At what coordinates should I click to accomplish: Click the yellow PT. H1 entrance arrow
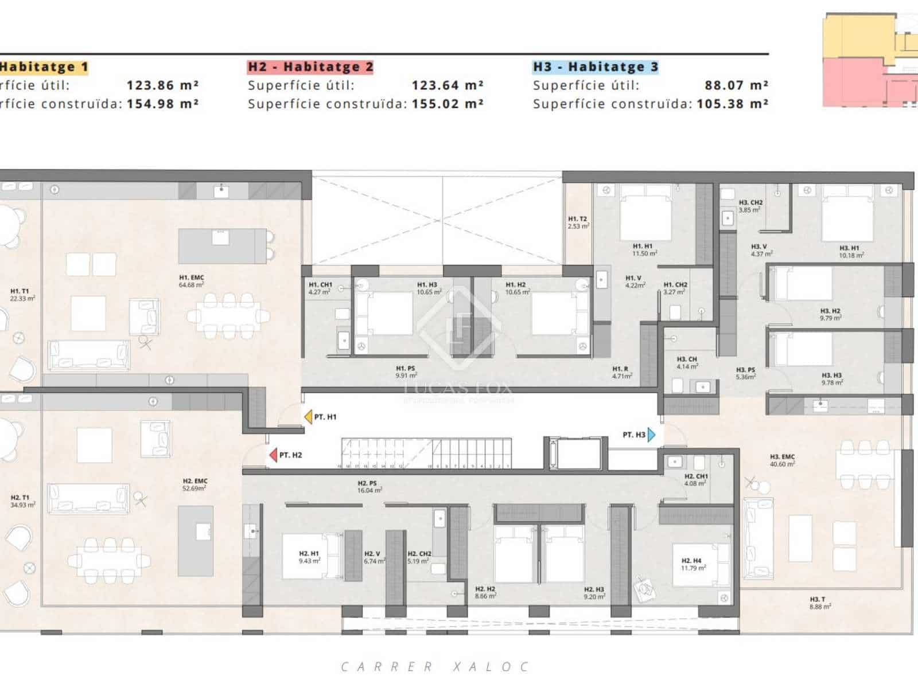[308, 417]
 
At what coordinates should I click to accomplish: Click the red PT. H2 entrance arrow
[273, 455]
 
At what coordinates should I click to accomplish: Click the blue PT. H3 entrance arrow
[651, 435]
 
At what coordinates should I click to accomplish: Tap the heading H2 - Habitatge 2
[310, 67]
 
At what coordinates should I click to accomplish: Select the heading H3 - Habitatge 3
[596, 67]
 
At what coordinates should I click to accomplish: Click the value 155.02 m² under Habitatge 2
[447, 104]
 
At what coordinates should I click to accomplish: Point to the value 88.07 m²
[736, 85]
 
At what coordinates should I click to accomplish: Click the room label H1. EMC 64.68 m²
[192, 281]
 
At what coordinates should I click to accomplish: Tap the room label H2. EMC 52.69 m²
[195, 484]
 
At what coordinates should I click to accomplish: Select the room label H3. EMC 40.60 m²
[782, 460]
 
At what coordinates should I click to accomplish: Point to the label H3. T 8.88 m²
[819, 603]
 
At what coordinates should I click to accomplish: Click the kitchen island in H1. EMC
[222, 246]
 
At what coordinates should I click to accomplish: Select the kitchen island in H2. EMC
[196, 541]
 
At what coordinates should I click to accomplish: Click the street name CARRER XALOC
[434, 667]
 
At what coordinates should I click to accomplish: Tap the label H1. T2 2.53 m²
[578, 222]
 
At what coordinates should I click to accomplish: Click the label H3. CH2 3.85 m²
[750, 206]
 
